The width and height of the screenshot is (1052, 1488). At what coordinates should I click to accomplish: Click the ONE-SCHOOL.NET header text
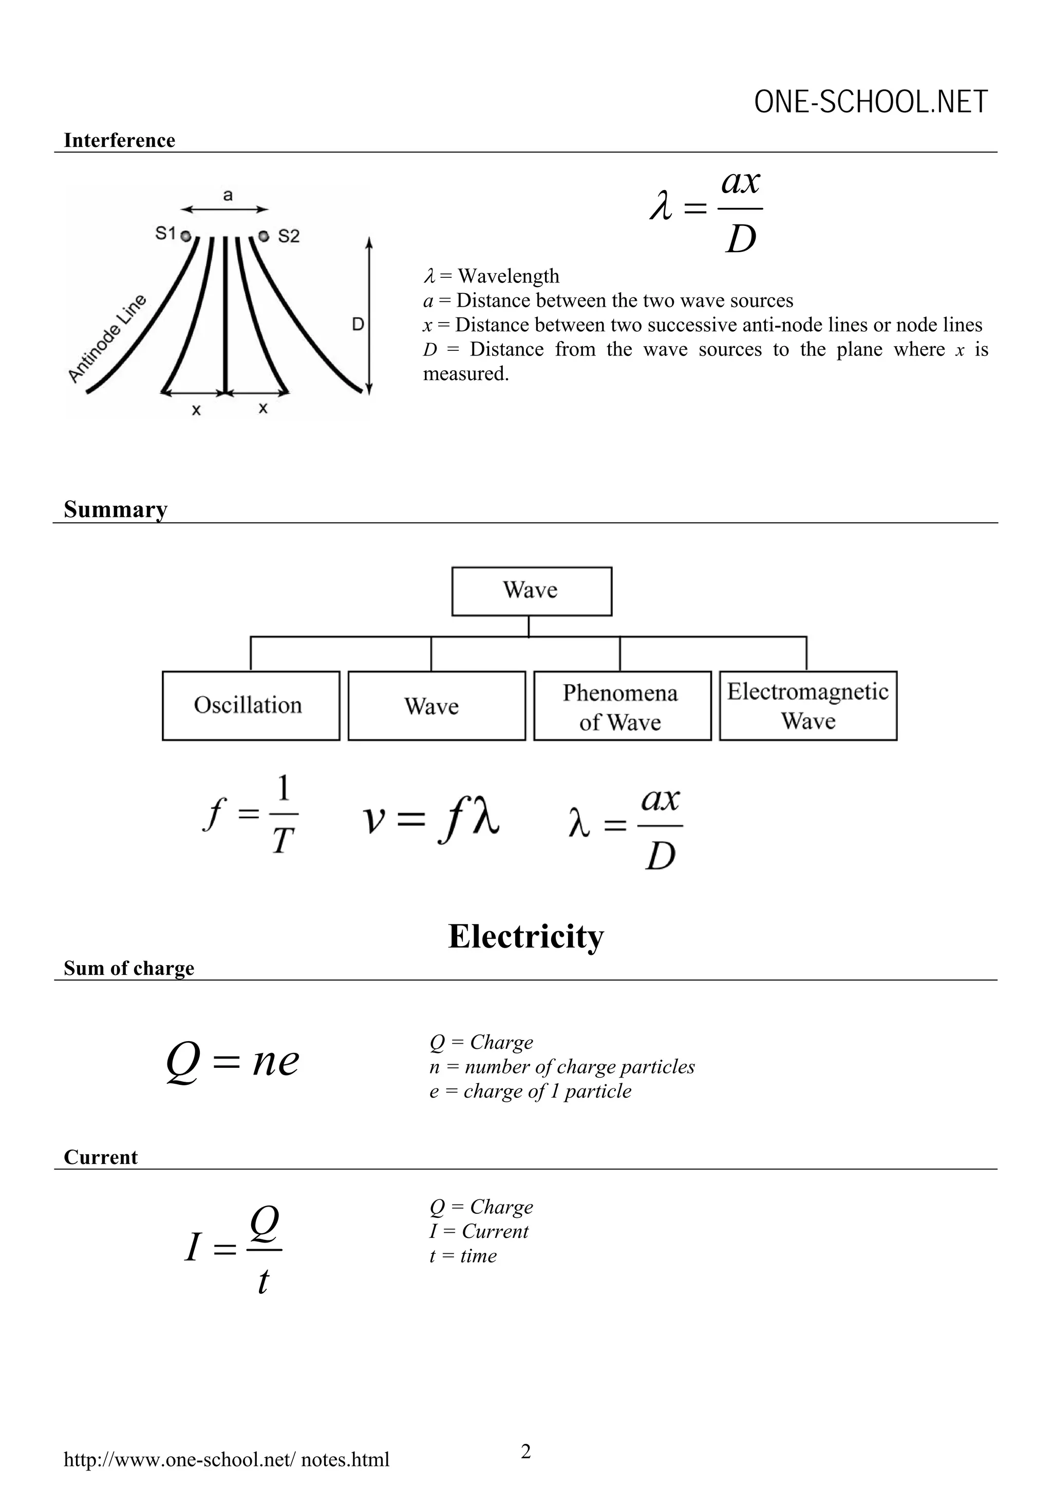[x=871, y=102]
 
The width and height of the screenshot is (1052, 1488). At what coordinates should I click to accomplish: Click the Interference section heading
[x=119, y=141]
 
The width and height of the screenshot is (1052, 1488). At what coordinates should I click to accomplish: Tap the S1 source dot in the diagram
[x=185, y=237]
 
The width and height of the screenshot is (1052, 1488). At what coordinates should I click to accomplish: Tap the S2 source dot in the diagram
[x=263, y=236]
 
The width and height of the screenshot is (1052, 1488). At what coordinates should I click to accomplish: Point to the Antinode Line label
[x=107, y=339]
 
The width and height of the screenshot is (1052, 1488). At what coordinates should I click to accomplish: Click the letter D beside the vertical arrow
[x=357, y=324]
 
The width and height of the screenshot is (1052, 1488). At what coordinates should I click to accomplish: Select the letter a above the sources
[x=228, y=195]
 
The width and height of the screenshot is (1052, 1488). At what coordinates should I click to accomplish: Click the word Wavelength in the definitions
[x=508, y=276]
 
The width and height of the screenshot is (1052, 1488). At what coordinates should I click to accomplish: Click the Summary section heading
[x=116, y=510]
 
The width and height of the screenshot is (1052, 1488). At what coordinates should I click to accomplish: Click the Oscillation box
[x=251, y=706]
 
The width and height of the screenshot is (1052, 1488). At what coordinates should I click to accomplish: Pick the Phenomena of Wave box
[x=622, y=706]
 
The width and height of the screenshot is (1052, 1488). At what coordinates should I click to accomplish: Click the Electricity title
[x=525, y=936]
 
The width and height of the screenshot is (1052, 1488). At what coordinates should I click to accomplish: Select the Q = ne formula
[x=233, y=1062]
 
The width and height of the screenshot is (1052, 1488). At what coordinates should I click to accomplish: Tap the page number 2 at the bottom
[x=525, y=1451]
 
